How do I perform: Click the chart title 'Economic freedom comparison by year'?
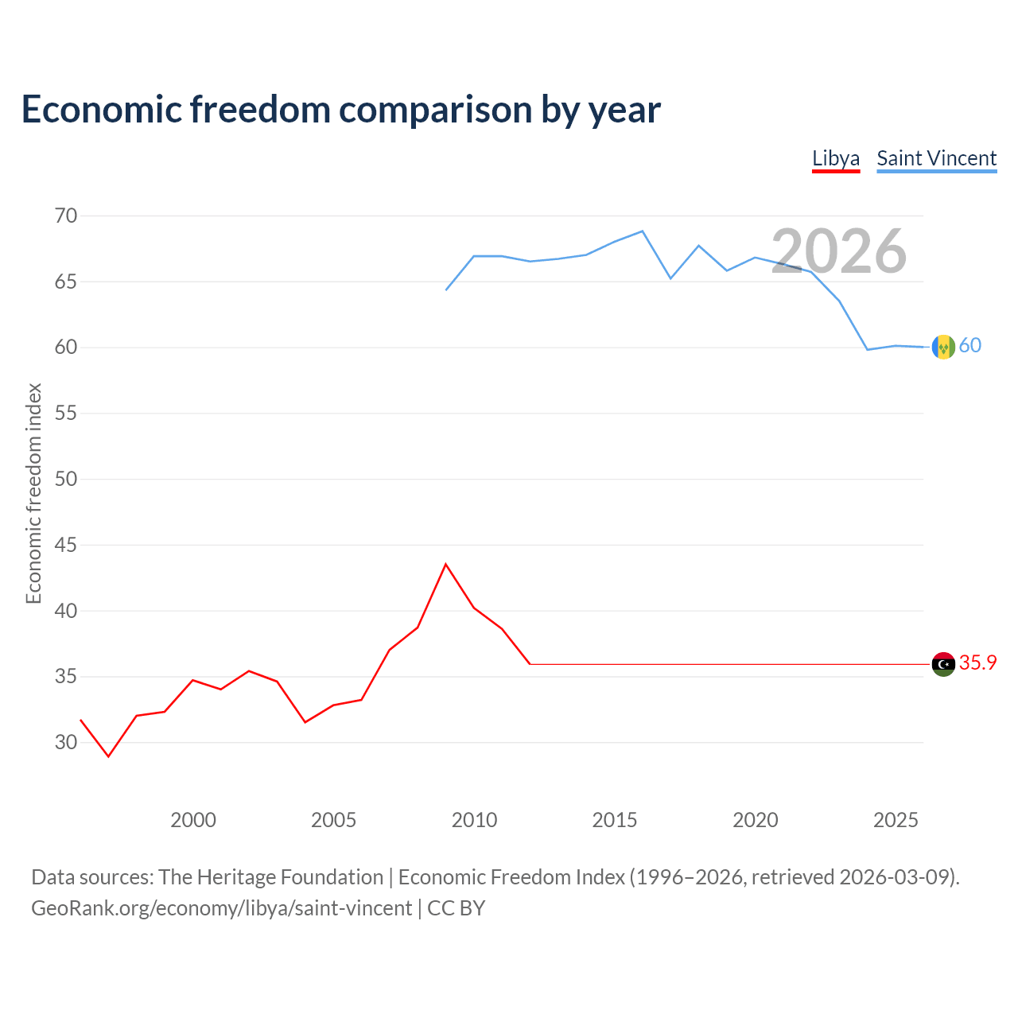pyautogui.click(x=340, y=110)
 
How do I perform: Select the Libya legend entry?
pyautogui.click(x=835, y=158)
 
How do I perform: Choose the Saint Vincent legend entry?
pyautogui.click(x=936, y=158)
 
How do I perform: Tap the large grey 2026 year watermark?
pyautogui.click(x=838, y=251)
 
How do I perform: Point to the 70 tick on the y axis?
pyautogui.click(x=66, y=216)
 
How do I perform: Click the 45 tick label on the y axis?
pyautogui.click(x=66, y=545)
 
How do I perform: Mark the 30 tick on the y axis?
pyautogui.click(x=66, y=742)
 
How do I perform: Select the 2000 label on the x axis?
pyautogui.click(x=192, y=820)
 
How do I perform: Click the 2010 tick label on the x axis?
pyautogui.click(x=474, y=820)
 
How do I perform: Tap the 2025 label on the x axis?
pyautogui.click(x=896, y=820)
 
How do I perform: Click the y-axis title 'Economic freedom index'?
pyautogui.click(x=33, y=493)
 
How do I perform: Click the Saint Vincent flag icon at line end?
pyautogui.click(x=943, y=347)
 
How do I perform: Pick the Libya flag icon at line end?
pyautogui.click(x=943, y=664)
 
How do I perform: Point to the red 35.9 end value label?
pyautogui.click(x=977, y=662)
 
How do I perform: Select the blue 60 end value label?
pyautogui.click(x=970, y=345)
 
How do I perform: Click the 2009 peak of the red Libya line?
pyautogui.click(x=446, y=564)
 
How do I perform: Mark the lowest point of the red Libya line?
pyautogui.click(x=109, y=756)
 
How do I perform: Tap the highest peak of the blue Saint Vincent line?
pyautogui.click(x=643, y=231)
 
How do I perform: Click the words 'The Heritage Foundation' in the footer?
pyautogui.click(x=271, y=877)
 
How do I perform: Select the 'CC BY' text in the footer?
pyautogui.click(x=456, y=908)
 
